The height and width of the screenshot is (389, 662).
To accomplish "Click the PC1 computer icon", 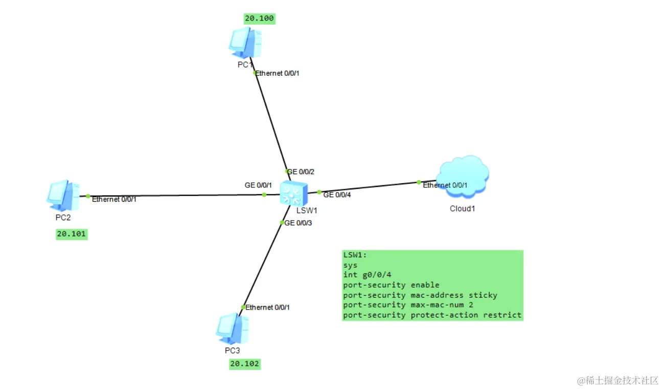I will coord(245,42).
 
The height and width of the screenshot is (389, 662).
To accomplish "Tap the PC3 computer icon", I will coord(233,329).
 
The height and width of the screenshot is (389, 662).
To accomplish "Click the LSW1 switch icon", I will coord(294,193).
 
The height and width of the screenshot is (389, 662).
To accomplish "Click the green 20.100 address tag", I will coord(260,18).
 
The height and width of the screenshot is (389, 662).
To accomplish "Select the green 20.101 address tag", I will coord(72,234).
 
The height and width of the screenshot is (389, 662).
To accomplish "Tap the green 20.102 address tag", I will coord(245,364).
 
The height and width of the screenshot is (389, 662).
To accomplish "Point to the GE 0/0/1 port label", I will coord(258,185).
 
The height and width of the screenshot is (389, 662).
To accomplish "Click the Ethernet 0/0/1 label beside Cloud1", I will coord(445,185).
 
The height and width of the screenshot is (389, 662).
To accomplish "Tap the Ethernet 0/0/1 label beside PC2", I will coord(114,199).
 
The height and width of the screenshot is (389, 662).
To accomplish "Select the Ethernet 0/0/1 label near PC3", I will coord(267,307).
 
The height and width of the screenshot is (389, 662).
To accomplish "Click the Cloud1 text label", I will coord(462,208).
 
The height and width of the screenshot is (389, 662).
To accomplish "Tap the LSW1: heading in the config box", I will coord(355,255).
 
